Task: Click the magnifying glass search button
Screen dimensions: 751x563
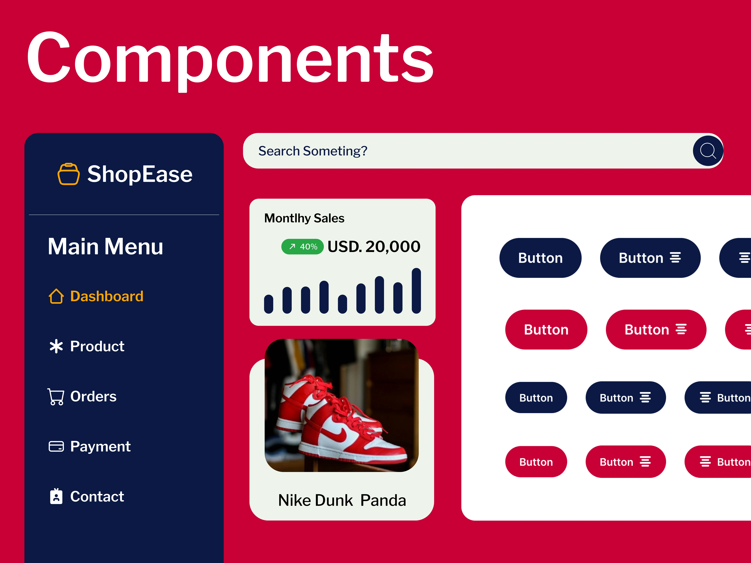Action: [x=708, y=151]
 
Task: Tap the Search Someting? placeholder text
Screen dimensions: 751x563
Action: [x=313, y=151]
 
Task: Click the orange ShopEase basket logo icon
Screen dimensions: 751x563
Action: [x=69, y=174]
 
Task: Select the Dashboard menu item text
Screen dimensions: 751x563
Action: [x=107, y=296]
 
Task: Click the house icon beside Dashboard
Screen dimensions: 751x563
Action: [x=56, y=296]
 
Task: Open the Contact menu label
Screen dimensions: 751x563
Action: [x=97, y=497]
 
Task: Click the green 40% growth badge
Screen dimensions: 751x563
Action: [x=303, y=247]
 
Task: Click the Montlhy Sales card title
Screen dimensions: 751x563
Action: [x=304, y=218]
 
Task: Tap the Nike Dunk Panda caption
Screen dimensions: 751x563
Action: [x=342, y=500]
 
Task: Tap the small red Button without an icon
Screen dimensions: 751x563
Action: [x=536, y=462]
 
